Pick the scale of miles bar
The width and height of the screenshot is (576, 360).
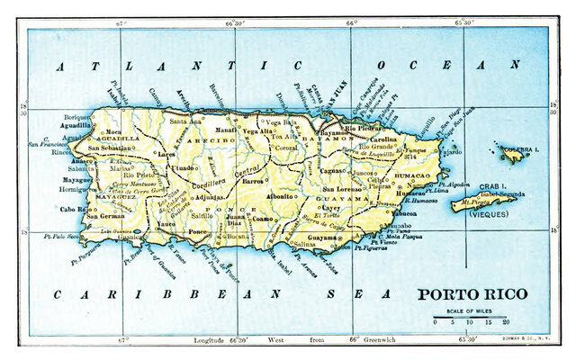pyautogui.click(x=471, y=313)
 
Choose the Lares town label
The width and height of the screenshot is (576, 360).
pyautogui.click(x=165, y=154)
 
